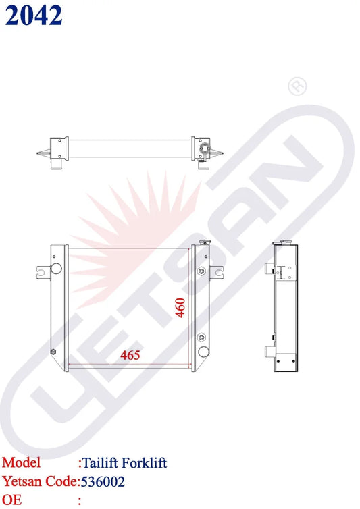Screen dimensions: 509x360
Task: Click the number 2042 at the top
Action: point(34,15)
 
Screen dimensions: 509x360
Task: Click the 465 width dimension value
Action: point(130,355)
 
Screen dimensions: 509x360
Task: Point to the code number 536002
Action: point(103,482)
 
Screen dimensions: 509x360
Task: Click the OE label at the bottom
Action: point(11,500)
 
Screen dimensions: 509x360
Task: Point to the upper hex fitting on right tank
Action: point(201,271)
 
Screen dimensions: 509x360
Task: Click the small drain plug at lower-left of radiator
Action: point(54,352)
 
